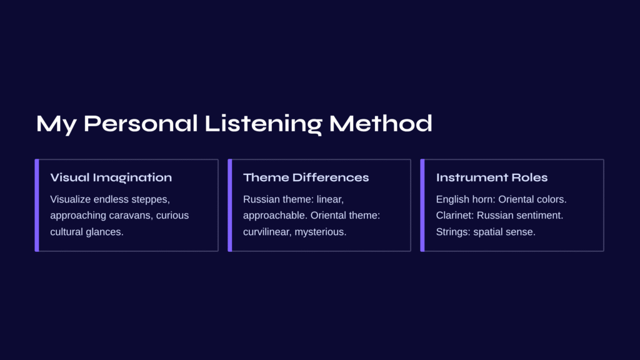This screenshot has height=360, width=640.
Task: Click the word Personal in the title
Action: coord(141,123)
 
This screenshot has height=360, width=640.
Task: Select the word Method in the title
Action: coord(381,123)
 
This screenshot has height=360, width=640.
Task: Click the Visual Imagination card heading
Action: coord(111,177)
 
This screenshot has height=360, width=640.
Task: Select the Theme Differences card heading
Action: coord(306,177)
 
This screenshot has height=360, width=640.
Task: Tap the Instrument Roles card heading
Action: coord(491,177)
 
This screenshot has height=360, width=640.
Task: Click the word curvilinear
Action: coord(266,232)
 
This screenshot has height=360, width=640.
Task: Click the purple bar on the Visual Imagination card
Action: coord(37,205)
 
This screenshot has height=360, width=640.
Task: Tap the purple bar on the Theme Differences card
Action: coord(230,205)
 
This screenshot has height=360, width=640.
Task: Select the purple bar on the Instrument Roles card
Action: coord(422,205)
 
